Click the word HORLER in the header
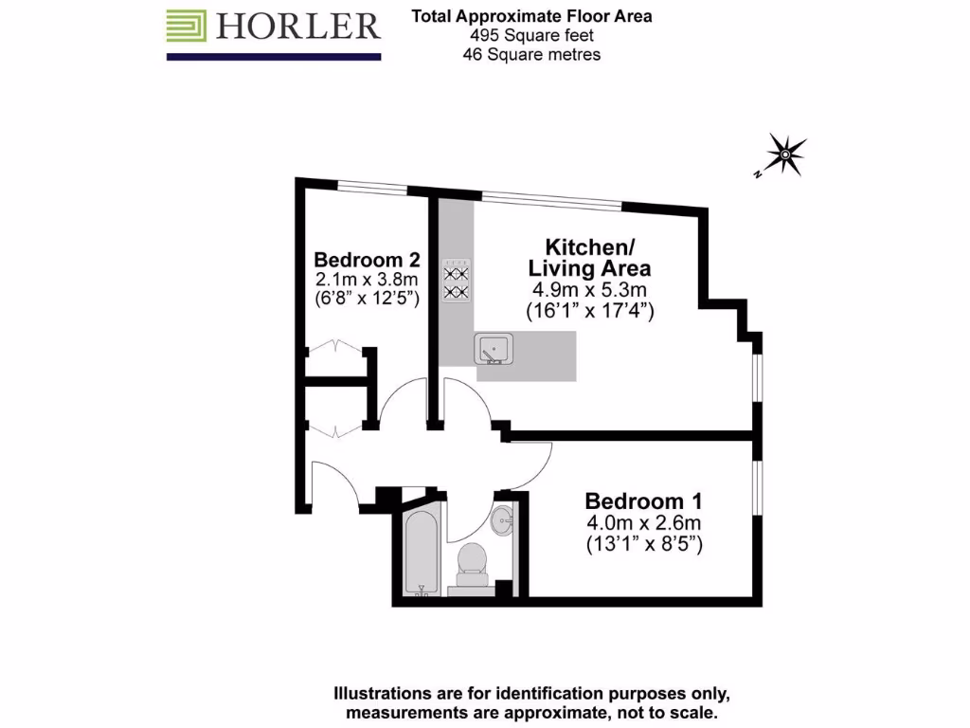tap(298, 27)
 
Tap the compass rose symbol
tap(785, 153)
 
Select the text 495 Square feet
tap(530, 36)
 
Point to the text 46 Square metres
tap(530, 55)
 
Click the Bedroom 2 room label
tap(367, 260)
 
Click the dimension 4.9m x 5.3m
tap(588, 290)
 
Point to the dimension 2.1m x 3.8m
tap(367, 280)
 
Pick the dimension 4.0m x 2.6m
tap(643, 523)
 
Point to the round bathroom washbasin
tap(503, 518)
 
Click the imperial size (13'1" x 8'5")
tap(643, 545)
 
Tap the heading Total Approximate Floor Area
tap(530, 16)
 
